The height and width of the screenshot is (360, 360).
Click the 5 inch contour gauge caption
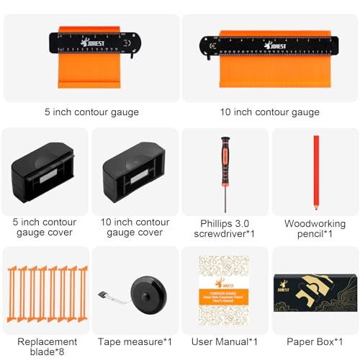[x=91, y=112]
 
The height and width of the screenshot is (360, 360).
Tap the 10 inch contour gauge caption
[x=269, y=112]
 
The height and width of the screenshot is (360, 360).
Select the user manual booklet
[x=225, y=291]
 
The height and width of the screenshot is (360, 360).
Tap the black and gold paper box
[x=315, y=292]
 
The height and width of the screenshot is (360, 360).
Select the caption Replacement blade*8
[x=45, y=348]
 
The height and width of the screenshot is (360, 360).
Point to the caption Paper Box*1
[x=315, y=341]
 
